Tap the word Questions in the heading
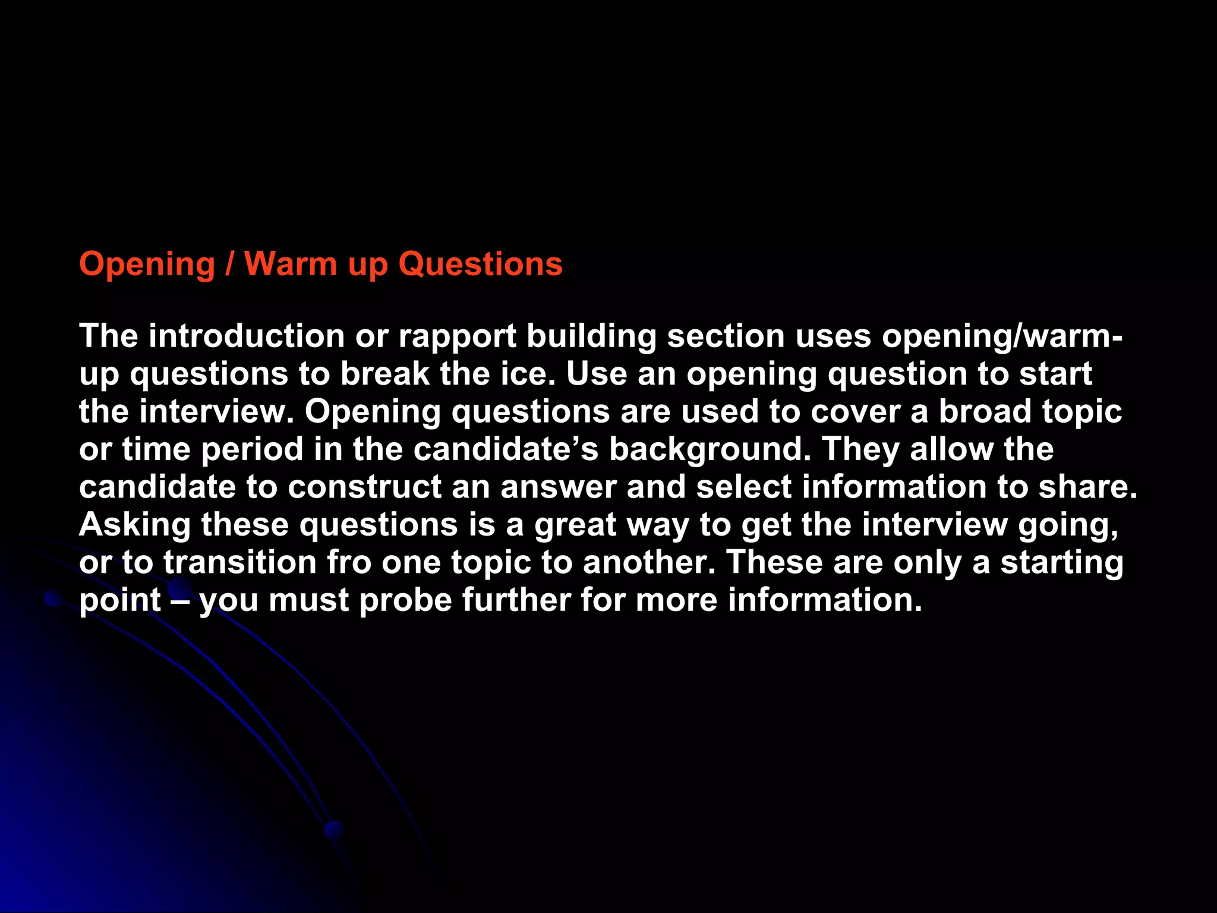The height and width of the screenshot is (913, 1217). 480,265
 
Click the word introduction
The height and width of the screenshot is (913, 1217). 247,336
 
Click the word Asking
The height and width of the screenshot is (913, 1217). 135,525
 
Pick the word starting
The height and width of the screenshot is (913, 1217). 1061,563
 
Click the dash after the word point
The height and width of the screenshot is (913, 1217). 179,600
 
